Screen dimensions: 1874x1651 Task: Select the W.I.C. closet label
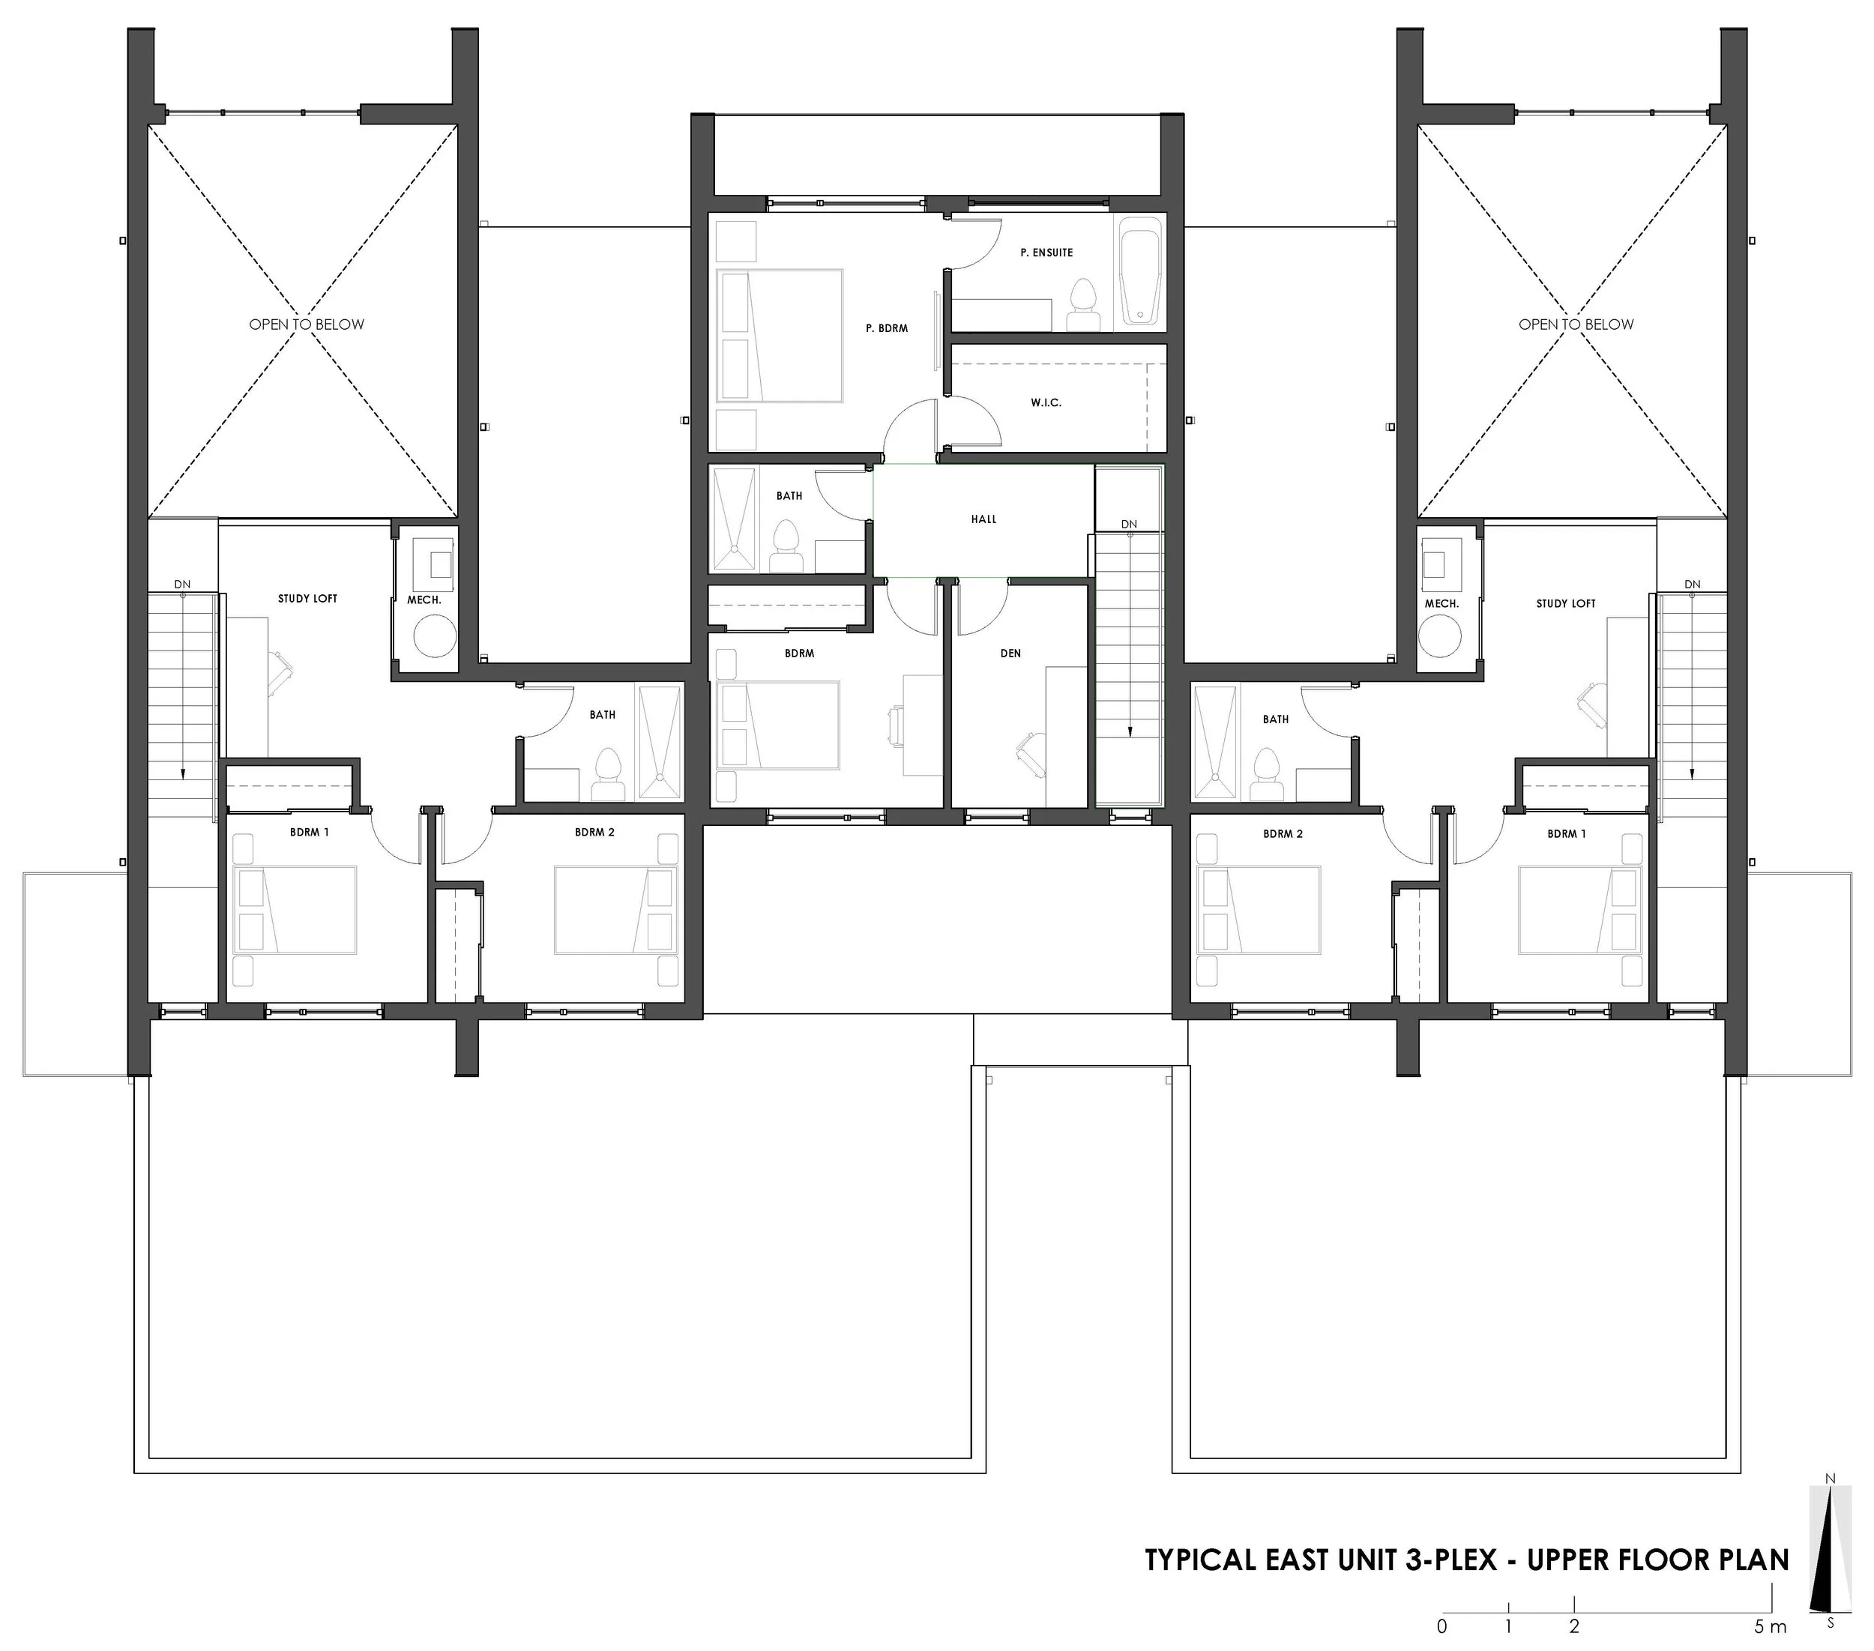(1046, 403)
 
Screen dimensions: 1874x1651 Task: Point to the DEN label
(1010, 654)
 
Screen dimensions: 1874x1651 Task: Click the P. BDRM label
(887, 328)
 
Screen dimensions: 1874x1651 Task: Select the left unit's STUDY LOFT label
(307, 599)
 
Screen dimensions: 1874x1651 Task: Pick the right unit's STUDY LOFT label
(1566, 604)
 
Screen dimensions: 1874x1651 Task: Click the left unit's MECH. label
(424, 600)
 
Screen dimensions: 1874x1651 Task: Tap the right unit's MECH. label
(1441, 604)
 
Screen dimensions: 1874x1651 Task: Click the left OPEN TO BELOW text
(307, 325)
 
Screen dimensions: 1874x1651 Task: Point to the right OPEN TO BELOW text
(1576, 325)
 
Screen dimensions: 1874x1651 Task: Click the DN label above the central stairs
(1129, 525)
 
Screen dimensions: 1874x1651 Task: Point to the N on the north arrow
(1830, 1504)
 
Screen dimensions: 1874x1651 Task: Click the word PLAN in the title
(1750, 1560)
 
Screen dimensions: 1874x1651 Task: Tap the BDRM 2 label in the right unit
(1282, 834)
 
